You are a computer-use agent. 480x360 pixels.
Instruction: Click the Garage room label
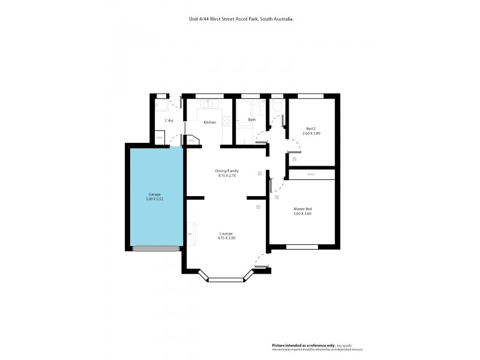(155, 194)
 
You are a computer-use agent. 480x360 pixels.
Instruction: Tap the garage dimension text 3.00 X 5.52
(155, 199)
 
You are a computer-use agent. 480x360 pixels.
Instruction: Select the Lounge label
(226, 233)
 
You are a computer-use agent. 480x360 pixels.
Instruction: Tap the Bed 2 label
(310, 128)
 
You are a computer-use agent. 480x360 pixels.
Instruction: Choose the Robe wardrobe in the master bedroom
(311, 175)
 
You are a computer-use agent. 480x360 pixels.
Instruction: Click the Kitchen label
(209, 122)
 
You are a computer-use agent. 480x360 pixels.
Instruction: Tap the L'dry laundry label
(169, 121)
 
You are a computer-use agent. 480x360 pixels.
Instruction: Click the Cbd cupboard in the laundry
(160, 138)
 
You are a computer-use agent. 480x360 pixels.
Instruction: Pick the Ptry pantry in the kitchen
(193, 141)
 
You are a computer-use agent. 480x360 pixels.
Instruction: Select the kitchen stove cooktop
(227, 121)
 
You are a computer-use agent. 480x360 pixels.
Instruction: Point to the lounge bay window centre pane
(226, 279)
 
